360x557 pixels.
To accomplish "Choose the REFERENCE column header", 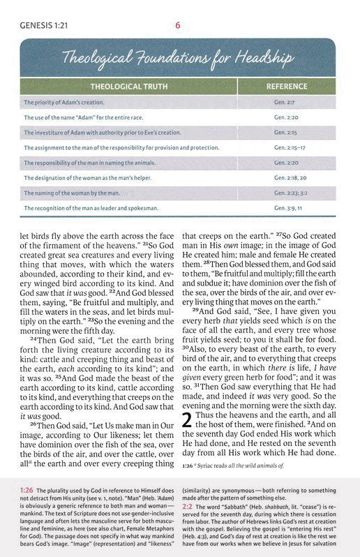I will pyautogui.click(x=286, y=87).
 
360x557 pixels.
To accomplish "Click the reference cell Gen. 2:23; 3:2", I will pyautogui.click(x=290, y=193).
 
